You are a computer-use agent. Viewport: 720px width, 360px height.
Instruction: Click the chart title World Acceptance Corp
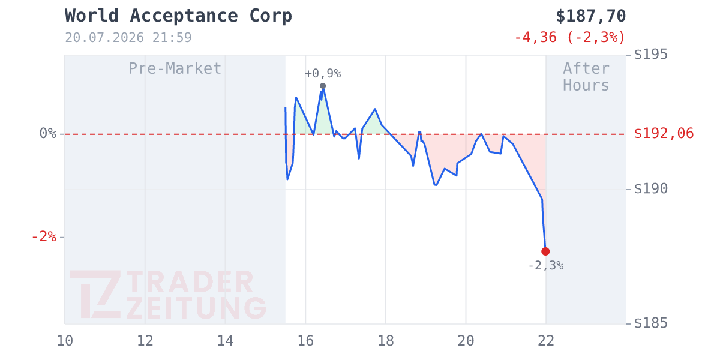pyautogui.click(x=178, y=16)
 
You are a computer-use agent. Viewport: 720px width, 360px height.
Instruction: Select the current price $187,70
pyautogui.click(x=591, y=16)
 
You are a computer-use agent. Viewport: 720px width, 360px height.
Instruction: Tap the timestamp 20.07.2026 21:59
pyautogui.click(x=128, y=38)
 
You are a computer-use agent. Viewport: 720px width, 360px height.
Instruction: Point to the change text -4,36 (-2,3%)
pyautogui.click(x=570, y=37)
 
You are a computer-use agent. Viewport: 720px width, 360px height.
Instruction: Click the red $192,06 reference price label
pyautogui.click(x=664, y=133)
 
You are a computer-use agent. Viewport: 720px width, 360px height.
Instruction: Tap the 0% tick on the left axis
pyautogui.click(x=48, y=133)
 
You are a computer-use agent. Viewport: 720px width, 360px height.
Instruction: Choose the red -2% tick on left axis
pyautogui.click(x=44, y=237)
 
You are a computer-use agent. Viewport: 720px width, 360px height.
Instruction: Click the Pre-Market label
pyautogui.click(x=175, y=68)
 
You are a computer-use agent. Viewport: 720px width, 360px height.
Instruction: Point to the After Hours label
pyautogui.click(x=586, y=77)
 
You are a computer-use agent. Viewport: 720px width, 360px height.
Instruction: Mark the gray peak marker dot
pyautogui.click(x=323, y=86)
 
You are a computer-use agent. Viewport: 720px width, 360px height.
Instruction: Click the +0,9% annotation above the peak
pyautogui.click(x=323, y=74)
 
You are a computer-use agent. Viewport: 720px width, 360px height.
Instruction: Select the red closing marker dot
pyautogui.click(x=545, y=251)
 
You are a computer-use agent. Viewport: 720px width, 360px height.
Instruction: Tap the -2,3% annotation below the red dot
pyautogui.click(x=546, y=265)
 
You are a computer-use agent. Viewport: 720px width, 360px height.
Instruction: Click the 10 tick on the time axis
pyautogui.click(x=65, y=341)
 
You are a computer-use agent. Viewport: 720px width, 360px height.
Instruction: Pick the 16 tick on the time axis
pyautogui.click(x=305, y=341)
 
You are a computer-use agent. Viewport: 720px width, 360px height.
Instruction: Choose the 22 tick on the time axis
pyautogui.click(x=546, y=341)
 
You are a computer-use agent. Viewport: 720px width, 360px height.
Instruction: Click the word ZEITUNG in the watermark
pyautogui.click(x=197, y=308)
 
